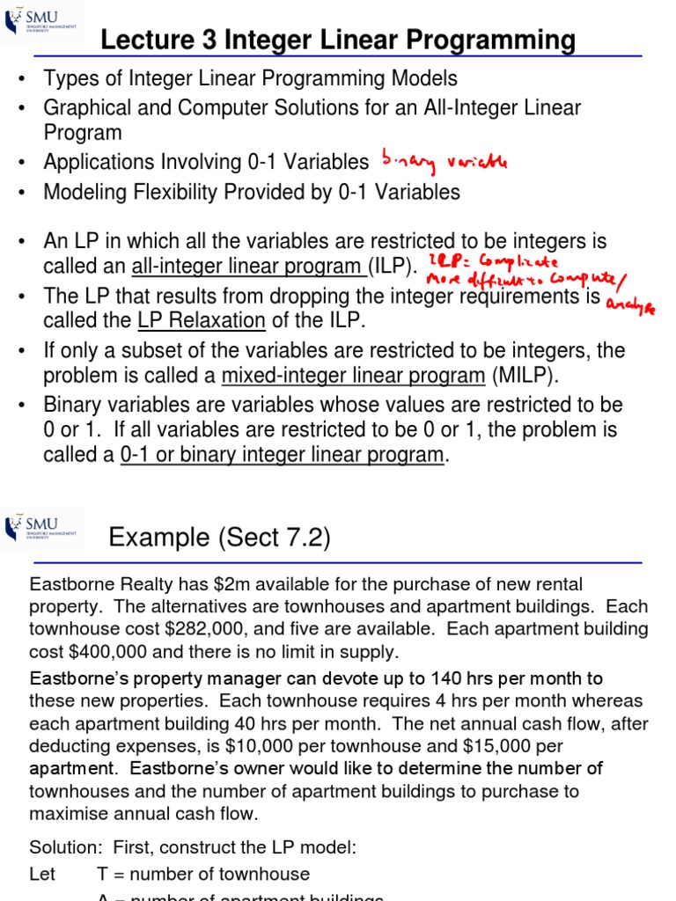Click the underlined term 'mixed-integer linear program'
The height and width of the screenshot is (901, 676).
point(352,376)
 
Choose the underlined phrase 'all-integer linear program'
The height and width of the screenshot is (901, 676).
point(248,267)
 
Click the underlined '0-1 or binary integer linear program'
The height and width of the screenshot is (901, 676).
point(282,455)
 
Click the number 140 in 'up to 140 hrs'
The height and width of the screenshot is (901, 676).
point(439,678)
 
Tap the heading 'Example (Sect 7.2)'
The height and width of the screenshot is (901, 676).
point(219,538)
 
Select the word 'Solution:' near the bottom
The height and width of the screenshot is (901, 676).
point(65,847)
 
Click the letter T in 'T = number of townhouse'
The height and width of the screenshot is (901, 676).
point(102,874)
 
